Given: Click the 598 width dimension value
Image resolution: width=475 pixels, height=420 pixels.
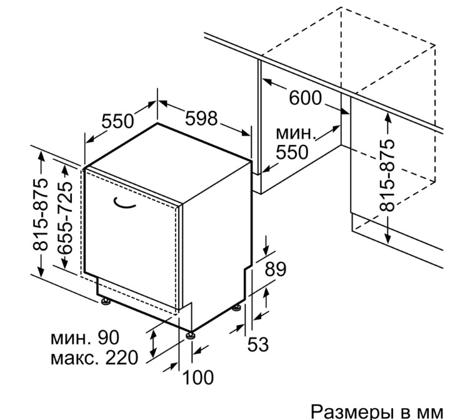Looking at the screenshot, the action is point(201,118).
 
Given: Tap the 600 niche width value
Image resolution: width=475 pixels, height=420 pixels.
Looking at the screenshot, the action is point(305,98).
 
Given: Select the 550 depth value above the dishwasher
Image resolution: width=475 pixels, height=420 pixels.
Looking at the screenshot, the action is point(117,121).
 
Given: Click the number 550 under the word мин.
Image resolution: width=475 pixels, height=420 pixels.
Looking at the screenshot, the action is point(292,152).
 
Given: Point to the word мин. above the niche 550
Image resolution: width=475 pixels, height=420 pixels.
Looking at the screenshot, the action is point(294,133).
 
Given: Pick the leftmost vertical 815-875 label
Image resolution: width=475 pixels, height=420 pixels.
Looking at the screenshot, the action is point(40,215).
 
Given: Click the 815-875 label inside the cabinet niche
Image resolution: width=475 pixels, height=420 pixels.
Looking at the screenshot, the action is point(387,175).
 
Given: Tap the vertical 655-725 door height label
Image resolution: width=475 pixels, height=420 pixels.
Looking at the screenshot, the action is point(65,218).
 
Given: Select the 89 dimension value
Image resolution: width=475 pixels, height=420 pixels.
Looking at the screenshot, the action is point(276,269).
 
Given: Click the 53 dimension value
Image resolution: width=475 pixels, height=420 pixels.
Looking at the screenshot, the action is point(258,344).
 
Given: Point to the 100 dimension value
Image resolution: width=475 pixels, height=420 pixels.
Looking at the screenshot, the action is point(198,377).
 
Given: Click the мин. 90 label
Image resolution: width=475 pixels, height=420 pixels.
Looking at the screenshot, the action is point(85,337).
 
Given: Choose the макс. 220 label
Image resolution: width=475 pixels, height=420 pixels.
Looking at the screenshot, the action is point(94,357).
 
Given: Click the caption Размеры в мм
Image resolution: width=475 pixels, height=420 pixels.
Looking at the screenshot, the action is point(377,412).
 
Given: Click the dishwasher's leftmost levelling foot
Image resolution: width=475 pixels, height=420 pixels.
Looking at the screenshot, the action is point(106,302).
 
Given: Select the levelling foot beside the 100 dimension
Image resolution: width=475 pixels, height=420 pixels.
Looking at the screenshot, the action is point(190,336).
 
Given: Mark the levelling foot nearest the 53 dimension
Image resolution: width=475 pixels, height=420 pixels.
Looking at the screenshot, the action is point(237,307).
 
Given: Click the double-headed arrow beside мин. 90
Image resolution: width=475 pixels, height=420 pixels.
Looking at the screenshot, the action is point(154,344).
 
